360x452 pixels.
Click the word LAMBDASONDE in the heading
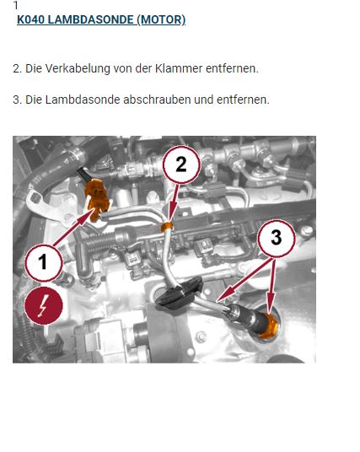tap(90, 20)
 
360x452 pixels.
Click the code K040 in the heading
tap(31, 20)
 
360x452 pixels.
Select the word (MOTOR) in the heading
tap(161, 20)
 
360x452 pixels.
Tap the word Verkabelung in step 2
tap(78, 68)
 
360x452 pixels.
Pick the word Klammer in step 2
tap(179, 68)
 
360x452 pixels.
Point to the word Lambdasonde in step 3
tap(83, 100)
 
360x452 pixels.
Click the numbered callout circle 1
tap(43, 262)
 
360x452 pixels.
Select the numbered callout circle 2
tap(181, 164)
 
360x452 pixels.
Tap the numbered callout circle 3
tap(276, 238)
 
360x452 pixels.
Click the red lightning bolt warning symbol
tap(44, 305)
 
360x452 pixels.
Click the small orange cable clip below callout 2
tap(167, 227)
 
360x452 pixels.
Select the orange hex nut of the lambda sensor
tap(268, 326)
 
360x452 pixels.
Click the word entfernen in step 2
tap(232, 68)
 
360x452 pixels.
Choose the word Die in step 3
tap(34, 100)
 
